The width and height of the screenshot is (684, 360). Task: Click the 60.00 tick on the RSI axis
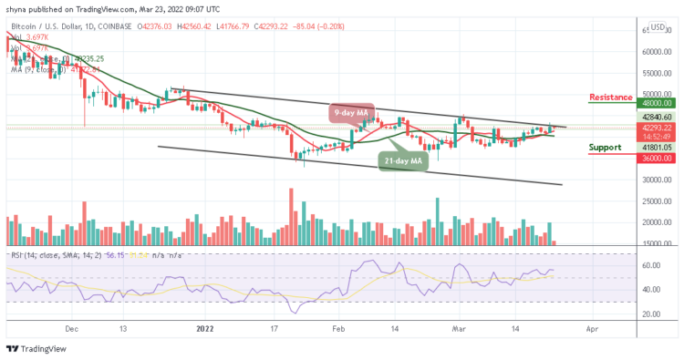coord(648,266)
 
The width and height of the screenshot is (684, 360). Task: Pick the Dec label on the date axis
coord(74,325)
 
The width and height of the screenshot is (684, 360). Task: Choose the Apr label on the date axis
coord(592,325)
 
